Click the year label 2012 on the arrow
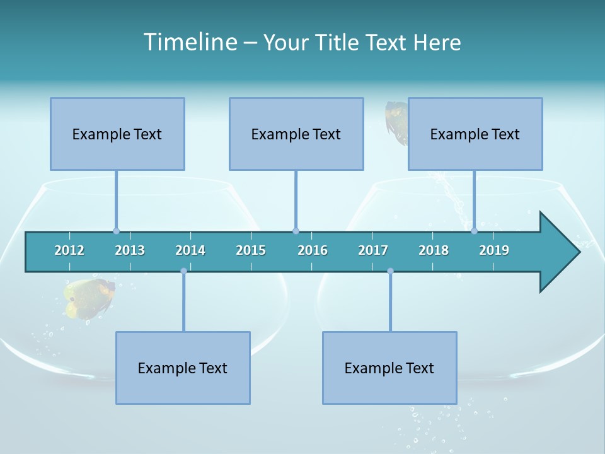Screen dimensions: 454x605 click(x=69, y=250)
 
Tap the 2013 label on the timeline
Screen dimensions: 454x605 click(x=130, y=250)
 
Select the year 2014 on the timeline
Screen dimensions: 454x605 click(x=190, y=250)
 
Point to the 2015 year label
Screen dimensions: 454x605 click(x=251, y=250)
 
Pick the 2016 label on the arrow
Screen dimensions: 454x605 click(x=313, y=250)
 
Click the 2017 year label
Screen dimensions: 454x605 click(x=373, y=250)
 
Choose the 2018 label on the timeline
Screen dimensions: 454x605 click(x=434, y=250)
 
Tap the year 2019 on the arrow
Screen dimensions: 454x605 click(x=494, y=250)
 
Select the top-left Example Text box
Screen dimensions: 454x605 click(x=117, y=134)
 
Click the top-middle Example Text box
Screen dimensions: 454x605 click(x=296, y=134)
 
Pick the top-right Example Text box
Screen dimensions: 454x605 click(x=475, y=134)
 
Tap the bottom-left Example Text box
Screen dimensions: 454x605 click(x=183, y=368)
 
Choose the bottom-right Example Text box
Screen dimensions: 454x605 click(x=389, y=368)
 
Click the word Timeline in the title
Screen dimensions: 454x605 click(x=190, y=42)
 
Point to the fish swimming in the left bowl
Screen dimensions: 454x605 click(x=89, y=297)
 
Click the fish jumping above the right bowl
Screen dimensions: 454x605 click(x=397, y=121)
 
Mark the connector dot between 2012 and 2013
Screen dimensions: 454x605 click(x=116, y=231)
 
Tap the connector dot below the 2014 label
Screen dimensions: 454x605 click(x=183, y=271)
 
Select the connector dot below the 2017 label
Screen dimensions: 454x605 click(x=390, y=271)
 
